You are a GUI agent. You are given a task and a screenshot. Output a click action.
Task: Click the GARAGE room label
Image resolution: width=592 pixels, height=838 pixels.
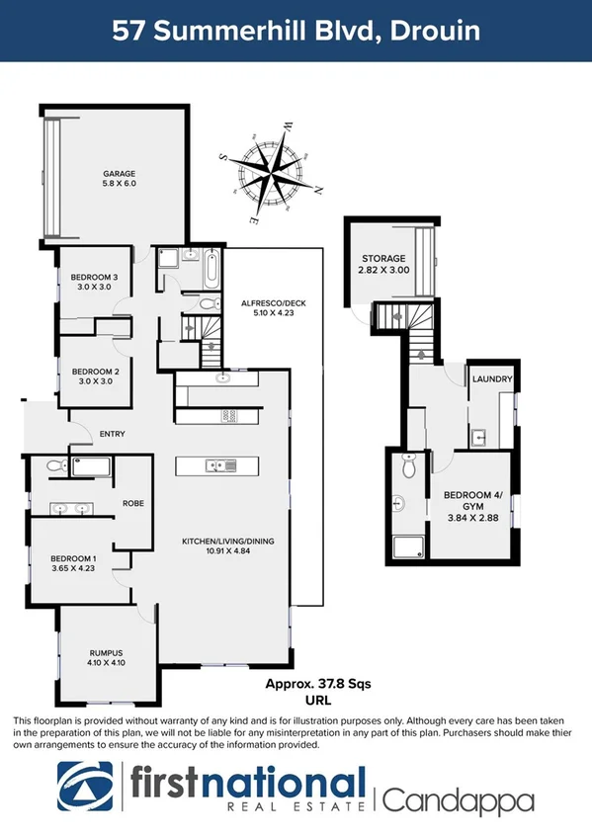point(119,173)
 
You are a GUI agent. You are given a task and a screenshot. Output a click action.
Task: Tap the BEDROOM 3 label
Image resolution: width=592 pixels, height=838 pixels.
point(91,277)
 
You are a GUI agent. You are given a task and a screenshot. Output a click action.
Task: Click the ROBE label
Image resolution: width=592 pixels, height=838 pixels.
point(133,503)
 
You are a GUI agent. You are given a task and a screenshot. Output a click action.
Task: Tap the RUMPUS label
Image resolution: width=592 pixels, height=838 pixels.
point(105,651)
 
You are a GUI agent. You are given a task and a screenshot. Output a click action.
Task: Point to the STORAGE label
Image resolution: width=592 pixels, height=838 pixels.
point(384,258)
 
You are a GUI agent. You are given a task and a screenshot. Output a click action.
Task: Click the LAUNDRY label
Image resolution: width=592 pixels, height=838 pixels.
point(491,379)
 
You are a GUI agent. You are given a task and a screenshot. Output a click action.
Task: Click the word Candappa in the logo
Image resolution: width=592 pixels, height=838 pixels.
point(459,799)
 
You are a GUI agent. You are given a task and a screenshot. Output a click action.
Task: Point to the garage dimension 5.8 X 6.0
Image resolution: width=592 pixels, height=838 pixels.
point(119,184)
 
